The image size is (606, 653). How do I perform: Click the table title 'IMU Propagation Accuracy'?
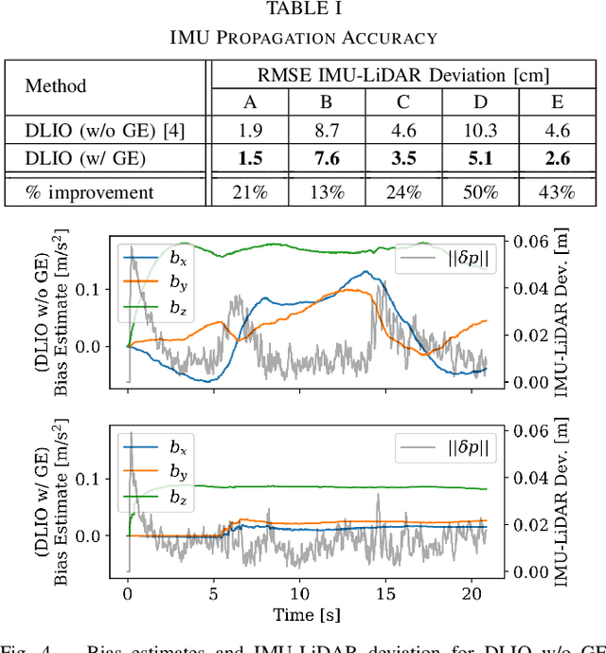click(x=302, y=38)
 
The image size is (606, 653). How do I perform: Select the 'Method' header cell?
click(x=55, y=86)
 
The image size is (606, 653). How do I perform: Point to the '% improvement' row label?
click(x=89, y=191)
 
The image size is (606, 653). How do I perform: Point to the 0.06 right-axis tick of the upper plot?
click(x=526, y=243)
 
